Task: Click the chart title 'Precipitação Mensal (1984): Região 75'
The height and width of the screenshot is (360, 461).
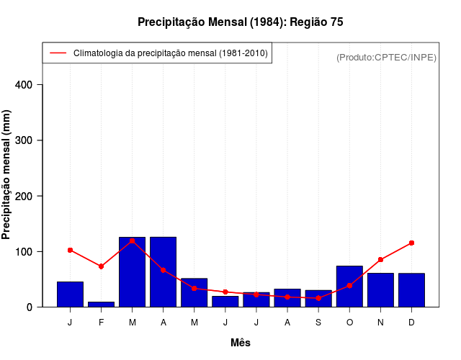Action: tap(240, 22)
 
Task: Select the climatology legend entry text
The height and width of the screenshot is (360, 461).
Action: tap(171, 53)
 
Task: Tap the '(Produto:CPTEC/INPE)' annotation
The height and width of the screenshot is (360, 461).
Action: tap(386, 57)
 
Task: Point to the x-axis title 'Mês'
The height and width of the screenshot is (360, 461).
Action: tap(241, 343)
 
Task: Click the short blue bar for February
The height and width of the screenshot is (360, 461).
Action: tap(102, 304)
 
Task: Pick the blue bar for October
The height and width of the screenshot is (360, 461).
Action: tap(349, 287)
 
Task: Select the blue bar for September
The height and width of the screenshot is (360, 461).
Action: tap(318, 298)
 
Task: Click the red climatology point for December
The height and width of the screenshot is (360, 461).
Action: tap(411, 243)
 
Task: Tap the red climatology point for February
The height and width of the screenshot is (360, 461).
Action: tap(102, 266)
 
